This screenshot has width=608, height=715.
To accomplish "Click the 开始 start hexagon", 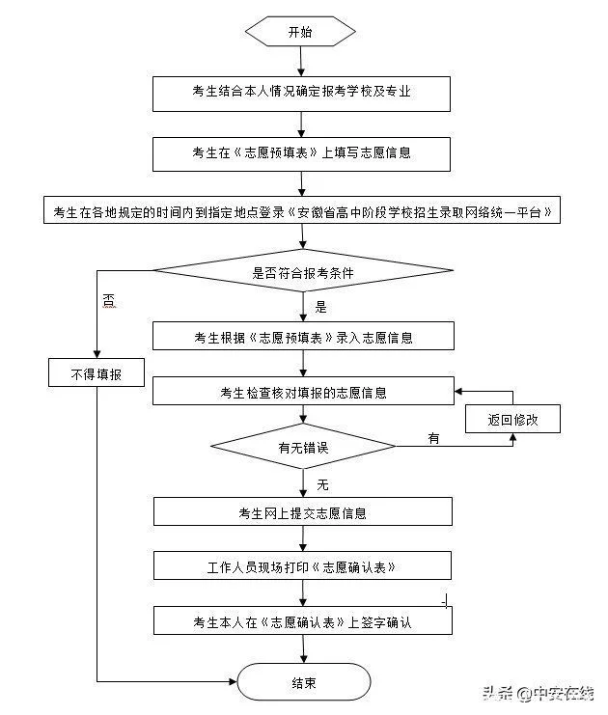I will point(301,32).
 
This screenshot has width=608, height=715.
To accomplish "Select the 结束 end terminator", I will point(303,683).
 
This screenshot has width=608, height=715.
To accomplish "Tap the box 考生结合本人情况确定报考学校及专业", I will point(302,94).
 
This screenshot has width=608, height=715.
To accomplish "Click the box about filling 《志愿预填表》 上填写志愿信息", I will point(302,152).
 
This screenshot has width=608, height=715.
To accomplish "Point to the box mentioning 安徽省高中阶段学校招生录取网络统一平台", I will point(302,212).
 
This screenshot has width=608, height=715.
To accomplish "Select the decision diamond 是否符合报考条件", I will point(302,273).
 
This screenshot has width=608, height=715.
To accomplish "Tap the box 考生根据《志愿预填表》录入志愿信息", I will point(302,337).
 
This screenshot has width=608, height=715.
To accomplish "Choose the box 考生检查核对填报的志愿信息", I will point(302,393).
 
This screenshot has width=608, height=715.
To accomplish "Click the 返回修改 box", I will point(511,419).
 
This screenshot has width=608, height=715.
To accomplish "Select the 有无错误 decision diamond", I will point(302,447).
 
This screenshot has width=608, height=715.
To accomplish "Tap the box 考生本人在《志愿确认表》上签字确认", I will point(302,620).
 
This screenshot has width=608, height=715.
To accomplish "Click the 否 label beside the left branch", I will point(108,302).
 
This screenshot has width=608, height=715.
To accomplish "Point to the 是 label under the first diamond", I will point(321,308).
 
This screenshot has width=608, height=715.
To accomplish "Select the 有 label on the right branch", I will point(433,439).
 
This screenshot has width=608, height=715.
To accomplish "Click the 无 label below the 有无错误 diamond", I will point(322,481).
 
